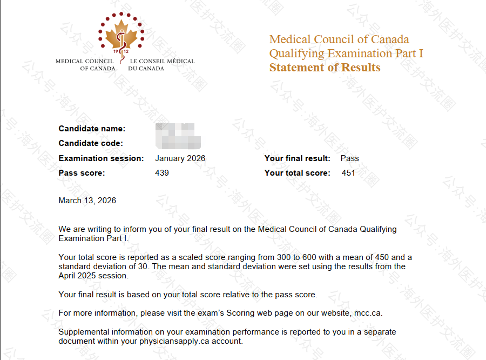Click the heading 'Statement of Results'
click(325, 68)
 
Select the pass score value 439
click(162, 173)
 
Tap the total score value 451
click(348, 173)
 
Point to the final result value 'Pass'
click(349, 158)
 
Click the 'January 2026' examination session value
click(180, 158)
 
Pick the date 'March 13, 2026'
click(87, 201)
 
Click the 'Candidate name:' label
click(92, 129)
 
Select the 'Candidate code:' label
click(91, 143)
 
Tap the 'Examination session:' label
click(101, 158)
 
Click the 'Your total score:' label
click(297, 173)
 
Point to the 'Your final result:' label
click(297, 158)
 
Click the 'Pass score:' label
click(82, 173)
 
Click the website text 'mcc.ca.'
click(368, 313)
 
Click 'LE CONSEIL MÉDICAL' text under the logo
click(162, 61)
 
